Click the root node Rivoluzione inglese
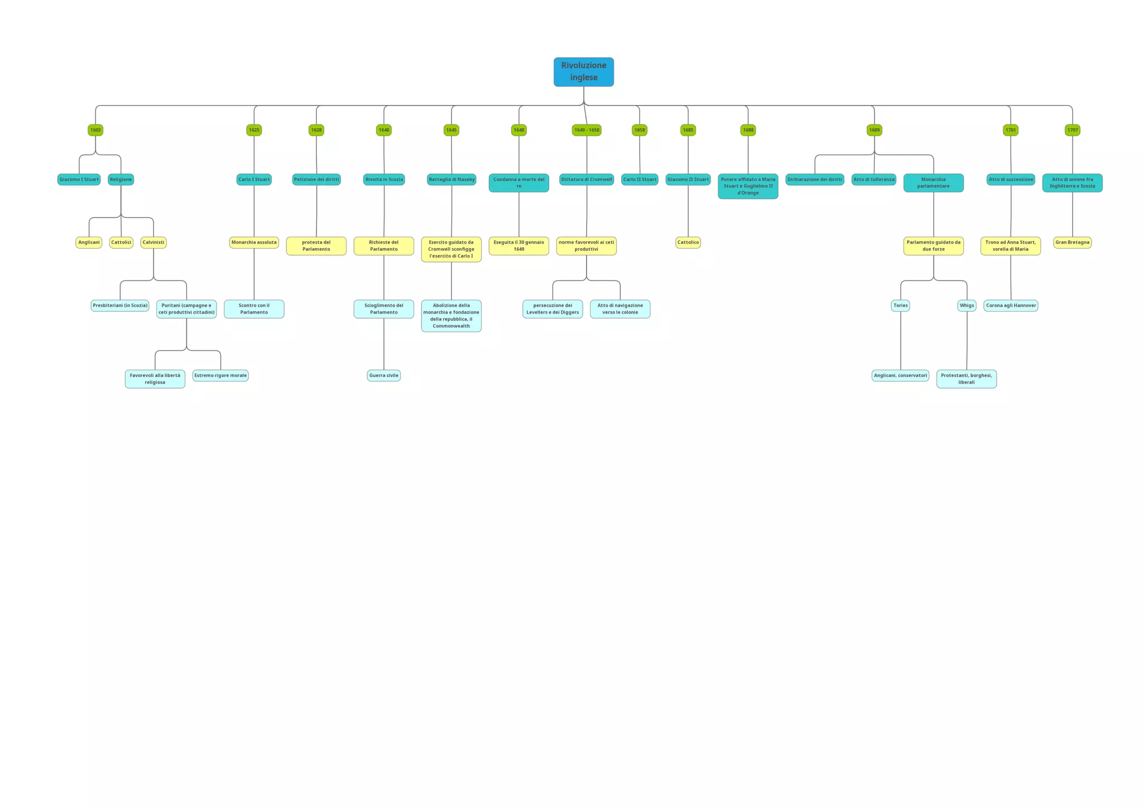pyautogui.click(x=583, y=72)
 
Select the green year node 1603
pyautogui.click(x=95, y=130)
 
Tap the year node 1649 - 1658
pyautogui.click(x=587, y=130)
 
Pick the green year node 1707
pyautogui.click(x=1072, y=130)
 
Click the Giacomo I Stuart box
pyautogui.click(x=79, y=179)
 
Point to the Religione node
pyautogui.click(x=121, y=179)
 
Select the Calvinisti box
pyautogui.click(x=153, y=242)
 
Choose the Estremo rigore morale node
pyautogui.click(x=220, y=375)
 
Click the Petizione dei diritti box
pyautogui.click(x=316, y=179)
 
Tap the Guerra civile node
pyautogui.click(x=384, y=375)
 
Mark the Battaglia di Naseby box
pyautogui.click(x=452, y=179)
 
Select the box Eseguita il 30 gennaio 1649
pyautogui.click(x=518, y=246)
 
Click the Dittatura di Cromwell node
pyautogui.click(x=587, y=179)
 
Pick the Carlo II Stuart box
pyautogui.click(x=640, y=179)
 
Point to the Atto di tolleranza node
pyautogui.click(x=873, y=179)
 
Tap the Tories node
pyautogui.click(x=900, y=305)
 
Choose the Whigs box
pyautogui.click(x=967, y=305)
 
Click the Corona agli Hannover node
pyautogui.click(x=1011, y=305)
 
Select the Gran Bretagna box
pyautogui.click(x=1072, y=242)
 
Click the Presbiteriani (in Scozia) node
pyautogui.click(x=120, y=305)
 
